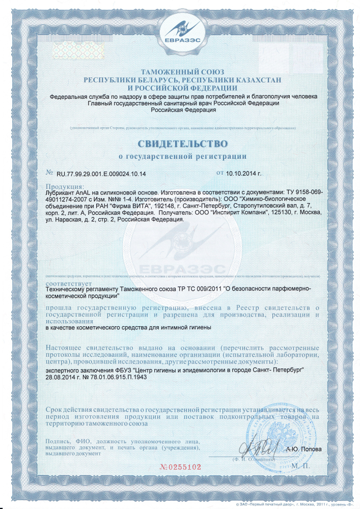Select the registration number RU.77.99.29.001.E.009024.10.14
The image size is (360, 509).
(x=97, y=174)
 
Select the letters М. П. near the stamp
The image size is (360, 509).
(x=301, y=465)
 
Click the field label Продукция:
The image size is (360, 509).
(x=65, y=187)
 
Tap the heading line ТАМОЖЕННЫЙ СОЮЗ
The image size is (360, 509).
(x=180, y=73)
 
